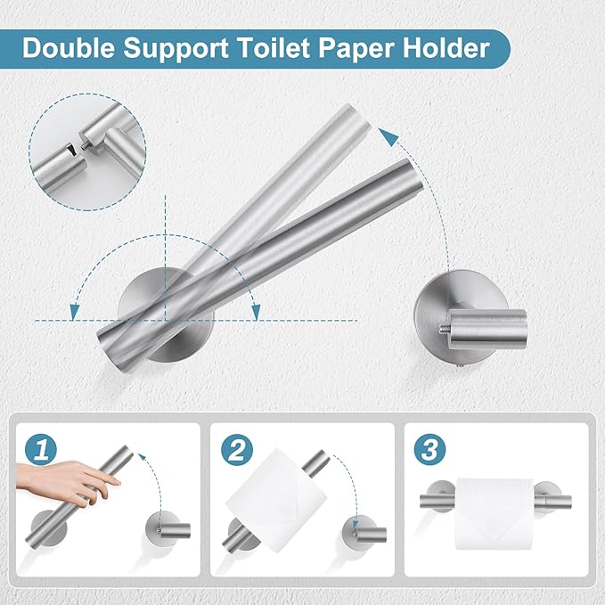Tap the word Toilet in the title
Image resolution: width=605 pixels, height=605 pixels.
272,47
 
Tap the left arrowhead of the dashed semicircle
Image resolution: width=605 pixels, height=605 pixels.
72,310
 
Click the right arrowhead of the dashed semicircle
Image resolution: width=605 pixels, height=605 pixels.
257,310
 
